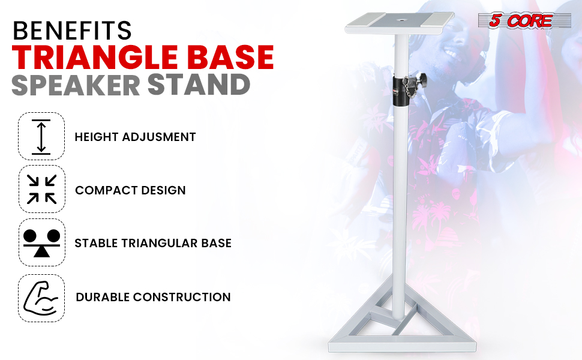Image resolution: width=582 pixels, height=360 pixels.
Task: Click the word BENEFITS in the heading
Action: [72, 31]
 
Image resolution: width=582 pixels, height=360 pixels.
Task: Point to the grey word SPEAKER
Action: [76, 85]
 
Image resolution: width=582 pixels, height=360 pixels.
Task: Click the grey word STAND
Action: [199, 85]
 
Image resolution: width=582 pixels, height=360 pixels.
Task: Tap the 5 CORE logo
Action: [524, 20]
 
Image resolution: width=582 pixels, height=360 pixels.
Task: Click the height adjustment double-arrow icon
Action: [41, 137]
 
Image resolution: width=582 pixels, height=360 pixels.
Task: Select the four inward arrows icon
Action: [41, 189]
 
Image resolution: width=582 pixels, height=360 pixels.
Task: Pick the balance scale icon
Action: [41, 243]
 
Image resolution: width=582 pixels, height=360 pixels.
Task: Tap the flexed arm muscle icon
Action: [41, 298]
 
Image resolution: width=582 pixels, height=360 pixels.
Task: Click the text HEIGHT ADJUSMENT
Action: [135, 137]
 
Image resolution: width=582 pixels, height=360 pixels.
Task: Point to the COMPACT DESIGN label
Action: [130, 190]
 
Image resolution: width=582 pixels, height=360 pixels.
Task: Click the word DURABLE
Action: [103, 297]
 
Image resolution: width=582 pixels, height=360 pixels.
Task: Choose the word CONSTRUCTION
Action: [182, 297]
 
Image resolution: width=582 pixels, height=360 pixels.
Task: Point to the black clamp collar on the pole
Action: [401, 91]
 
